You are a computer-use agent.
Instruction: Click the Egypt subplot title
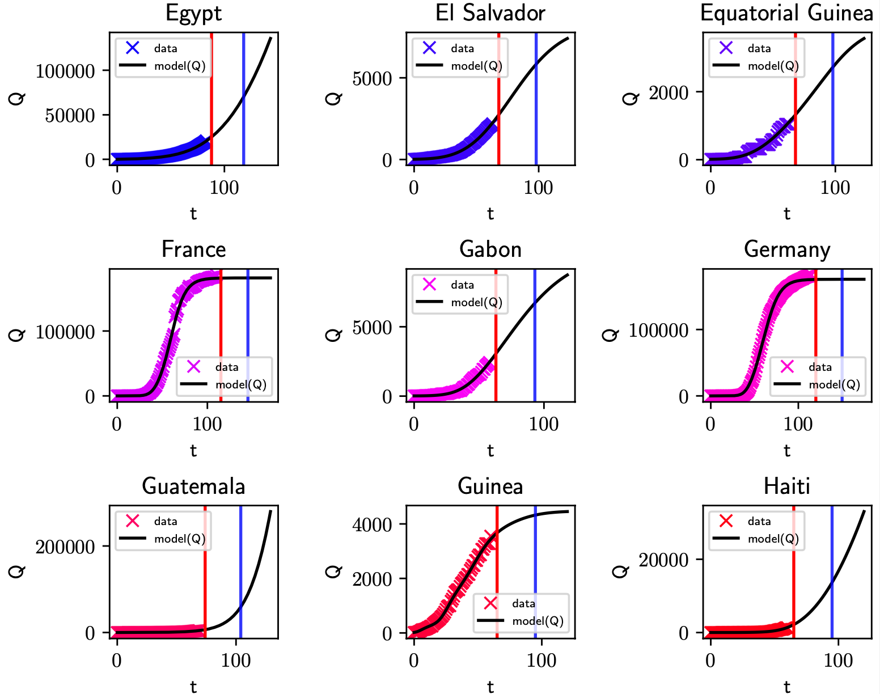tap(193, 13)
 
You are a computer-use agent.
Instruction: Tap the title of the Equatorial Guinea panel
tap(786, 13)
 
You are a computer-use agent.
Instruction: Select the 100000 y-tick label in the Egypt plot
tap(65, 71)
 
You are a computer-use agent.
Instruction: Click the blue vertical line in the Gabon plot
tap(535, 340)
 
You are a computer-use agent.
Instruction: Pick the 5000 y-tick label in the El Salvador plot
tap(372, 79)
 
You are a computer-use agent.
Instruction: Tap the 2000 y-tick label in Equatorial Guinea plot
tap(669, 92)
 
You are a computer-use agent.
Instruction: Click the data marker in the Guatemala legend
tap(133, 520)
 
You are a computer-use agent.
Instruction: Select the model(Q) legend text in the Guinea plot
tap(538, 621)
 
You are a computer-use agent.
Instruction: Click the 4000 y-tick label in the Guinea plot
tap(372, 525)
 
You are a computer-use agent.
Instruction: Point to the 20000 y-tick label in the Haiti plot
tap(663, 560)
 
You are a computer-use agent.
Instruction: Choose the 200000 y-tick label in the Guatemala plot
tap(65, 547)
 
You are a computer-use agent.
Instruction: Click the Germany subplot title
tap(786, 249)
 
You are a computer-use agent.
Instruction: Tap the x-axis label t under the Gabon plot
tap(490, 450)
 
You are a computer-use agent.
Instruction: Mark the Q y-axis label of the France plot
tap(17, 335)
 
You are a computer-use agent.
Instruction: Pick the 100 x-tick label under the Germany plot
tap(798, 424)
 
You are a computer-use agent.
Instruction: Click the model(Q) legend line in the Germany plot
tap(787, 384)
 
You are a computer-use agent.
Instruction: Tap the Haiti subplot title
tap(786, 486)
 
